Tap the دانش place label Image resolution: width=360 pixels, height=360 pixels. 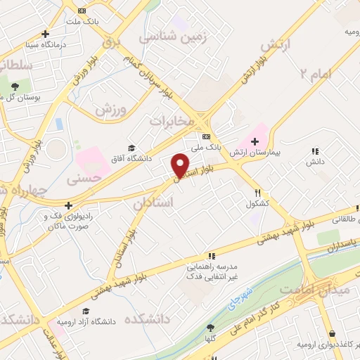click(314, 161)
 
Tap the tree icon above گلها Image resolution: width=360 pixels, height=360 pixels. click(210, 328)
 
